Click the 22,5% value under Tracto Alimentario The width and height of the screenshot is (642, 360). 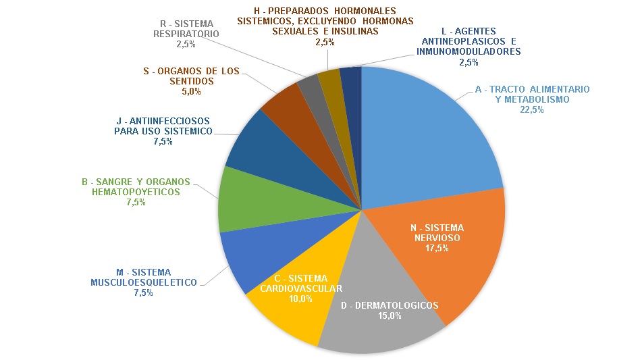(x=532, y=110)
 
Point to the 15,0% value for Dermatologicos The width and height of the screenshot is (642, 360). (x=390, y=315)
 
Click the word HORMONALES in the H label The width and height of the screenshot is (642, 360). (x=362, y=11)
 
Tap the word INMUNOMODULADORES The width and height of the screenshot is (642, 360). (x=469, y=51)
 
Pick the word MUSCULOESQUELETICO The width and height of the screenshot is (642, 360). (x=144, y=282)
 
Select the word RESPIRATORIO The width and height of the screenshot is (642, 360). (x=185, y=33)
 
